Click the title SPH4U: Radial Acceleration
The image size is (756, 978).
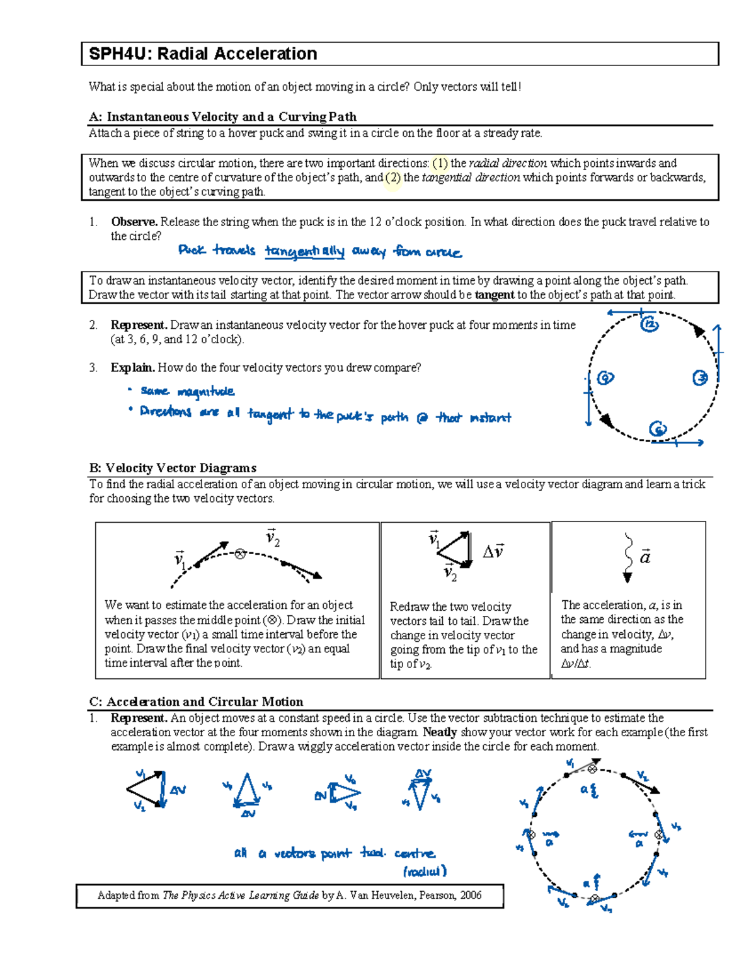tap(203, 54)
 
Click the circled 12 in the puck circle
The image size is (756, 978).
tap(649, 324)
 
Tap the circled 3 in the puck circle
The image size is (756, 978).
tap(700, 378)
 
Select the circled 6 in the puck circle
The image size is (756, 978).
tap(657, 429)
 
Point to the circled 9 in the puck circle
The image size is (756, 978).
tap(605, 378)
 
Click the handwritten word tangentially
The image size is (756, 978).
tap(304, 252)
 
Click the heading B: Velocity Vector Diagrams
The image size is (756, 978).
tap(173, 468)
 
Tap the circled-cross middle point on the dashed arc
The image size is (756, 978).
tap(240, 554)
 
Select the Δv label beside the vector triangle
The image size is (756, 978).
tap(493, 552)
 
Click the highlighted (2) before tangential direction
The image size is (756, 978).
tap(393, 178)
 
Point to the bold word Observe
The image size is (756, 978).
tap(134, 222)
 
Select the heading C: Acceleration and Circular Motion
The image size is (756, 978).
tap(196, 702)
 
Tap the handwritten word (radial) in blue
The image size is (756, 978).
tap(425, 872)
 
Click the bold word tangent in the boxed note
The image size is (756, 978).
tap(494, 295)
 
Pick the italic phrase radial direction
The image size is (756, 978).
tap(508, 163)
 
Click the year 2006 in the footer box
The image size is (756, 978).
tap(470, 895)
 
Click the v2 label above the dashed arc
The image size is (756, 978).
tap(272, 538)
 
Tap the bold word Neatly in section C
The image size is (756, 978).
tap(440, 732)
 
